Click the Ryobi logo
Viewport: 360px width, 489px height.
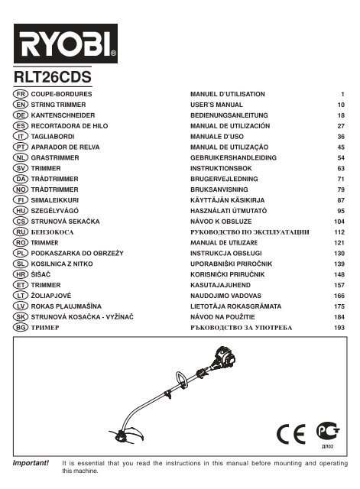point(66,44)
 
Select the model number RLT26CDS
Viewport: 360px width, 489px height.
point(53,76)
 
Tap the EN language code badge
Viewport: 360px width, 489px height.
point(21,105)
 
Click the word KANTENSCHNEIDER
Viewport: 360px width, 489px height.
point(63,115)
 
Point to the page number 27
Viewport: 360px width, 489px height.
point(341,126)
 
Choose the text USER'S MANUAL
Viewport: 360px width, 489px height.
point(216,105)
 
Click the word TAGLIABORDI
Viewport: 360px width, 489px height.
point(53,137)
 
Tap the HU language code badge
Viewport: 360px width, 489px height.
point(21,211)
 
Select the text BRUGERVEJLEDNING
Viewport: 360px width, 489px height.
point(224,179)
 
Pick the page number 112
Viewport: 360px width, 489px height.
point(339,232)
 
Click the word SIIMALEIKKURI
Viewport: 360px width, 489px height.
point(54,200)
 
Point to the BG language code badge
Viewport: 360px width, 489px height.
point(21,327)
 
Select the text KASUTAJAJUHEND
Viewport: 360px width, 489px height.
point(220,285)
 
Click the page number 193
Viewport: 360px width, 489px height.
point(339,328)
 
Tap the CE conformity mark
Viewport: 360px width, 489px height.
point(290,434)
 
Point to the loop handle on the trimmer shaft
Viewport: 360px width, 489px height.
point(181,379)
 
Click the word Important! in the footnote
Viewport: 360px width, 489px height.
point(31,463)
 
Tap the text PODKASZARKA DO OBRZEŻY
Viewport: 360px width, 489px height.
point(77,253)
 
